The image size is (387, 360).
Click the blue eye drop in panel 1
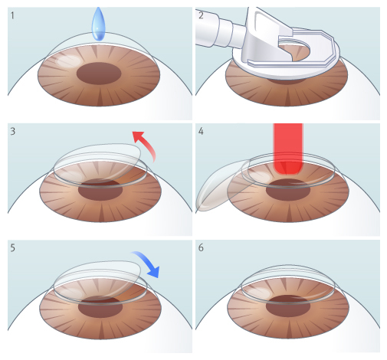(x=98, y=25)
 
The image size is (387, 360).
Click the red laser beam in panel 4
(x=288, y=149)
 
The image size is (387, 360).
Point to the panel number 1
(x=12, y=15)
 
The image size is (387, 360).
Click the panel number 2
(x=201, y=15)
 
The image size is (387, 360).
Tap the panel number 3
(x=13, y=131)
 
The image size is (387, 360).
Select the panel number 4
(x=201, y=131)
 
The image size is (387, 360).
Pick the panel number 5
(x=13, y=247)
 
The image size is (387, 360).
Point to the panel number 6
(x=201, y=247)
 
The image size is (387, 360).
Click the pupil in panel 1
(x=99, y=74)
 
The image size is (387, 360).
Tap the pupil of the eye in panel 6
(x=288, y=306)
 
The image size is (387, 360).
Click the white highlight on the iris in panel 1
(x=68, y=61)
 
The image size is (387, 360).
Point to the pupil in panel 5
(x=100, y=307)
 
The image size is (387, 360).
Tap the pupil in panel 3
(x=100, y=190)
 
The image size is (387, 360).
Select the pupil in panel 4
(x=288, y=190)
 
